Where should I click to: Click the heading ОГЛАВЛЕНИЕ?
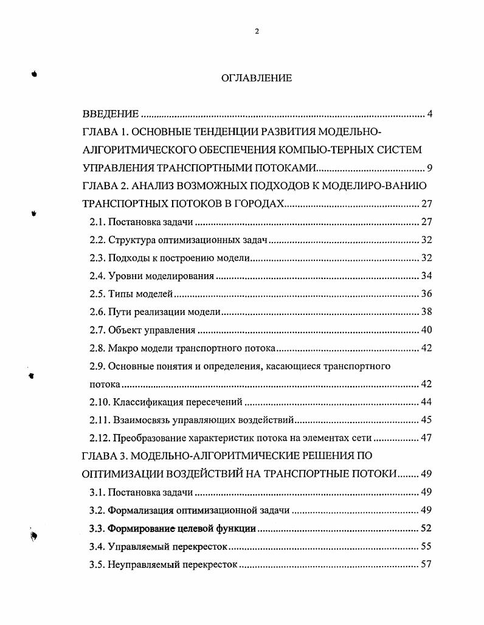(256, 78)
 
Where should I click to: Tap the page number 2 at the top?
(257, 32)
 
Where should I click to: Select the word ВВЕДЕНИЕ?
(111, 114)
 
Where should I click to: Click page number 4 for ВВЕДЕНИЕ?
(429, 114)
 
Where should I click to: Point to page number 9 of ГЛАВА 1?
(429, 168)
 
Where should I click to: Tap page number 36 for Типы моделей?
(426, 294)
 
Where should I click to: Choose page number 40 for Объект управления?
(426, 330)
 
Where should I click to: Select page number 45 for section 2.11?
(426, 420)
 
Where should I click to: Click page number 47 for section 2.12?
(426, 438)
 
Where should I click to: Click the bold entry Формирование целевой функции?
(181, 528)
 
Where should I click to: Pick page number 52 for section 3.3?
(426, 528)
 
